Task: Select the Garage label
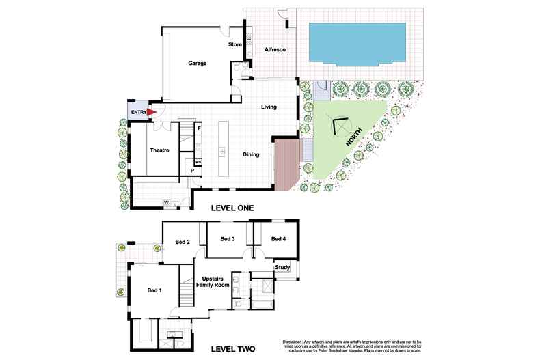pyautogui.click(x=198, y=64)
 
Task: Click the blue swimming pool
pyautogui.click(x=356, y=42)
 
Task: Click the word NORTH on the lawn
pyautogui.click(x=355, y=137)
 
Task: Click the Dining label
pyautogui.click(x=251, y=155)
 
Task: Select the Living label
pyautogui.click(x=268, y=107)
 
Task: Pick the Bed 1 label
pyautogui.click(x=154, y=291)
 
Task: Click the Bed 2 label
pyautogui.click(x=182, y=242)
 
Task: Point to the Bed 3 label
pyautogui.click(x=228, y=239)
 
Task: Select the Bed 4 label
pyautogui.click(x=278, y=239)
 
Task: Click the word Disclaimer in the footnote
pyautogui.click(x=293, y=341)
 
